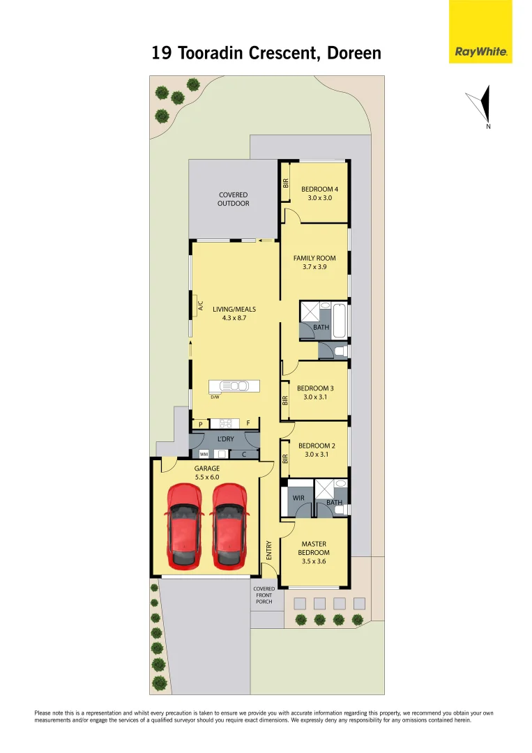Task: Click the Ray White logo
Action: [x=480, y=52]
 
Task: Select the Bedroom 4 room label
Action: [x=320, y=189]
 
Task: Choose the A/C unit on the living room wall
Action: [x=199, y=306]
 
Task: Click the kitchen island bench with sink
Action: [x=234, y=386]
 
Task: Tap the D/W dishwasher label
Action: [x=215, y=397]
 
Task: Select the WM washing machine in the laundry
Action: [x=204, y=454]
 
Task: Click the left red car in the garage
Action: [x=185, y=524]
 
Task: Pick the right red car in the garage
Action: [x=229, y=524]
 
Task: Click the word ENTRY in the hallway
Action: [x=269, y=550]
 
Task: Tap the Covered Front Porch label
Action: [x=264, y=595]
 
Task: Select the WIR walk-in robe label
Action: [x=298, y=498]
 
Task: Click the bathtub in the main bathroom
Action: [x=340, y=319]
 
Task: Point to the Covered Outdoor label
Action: [x=234, y=199]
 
